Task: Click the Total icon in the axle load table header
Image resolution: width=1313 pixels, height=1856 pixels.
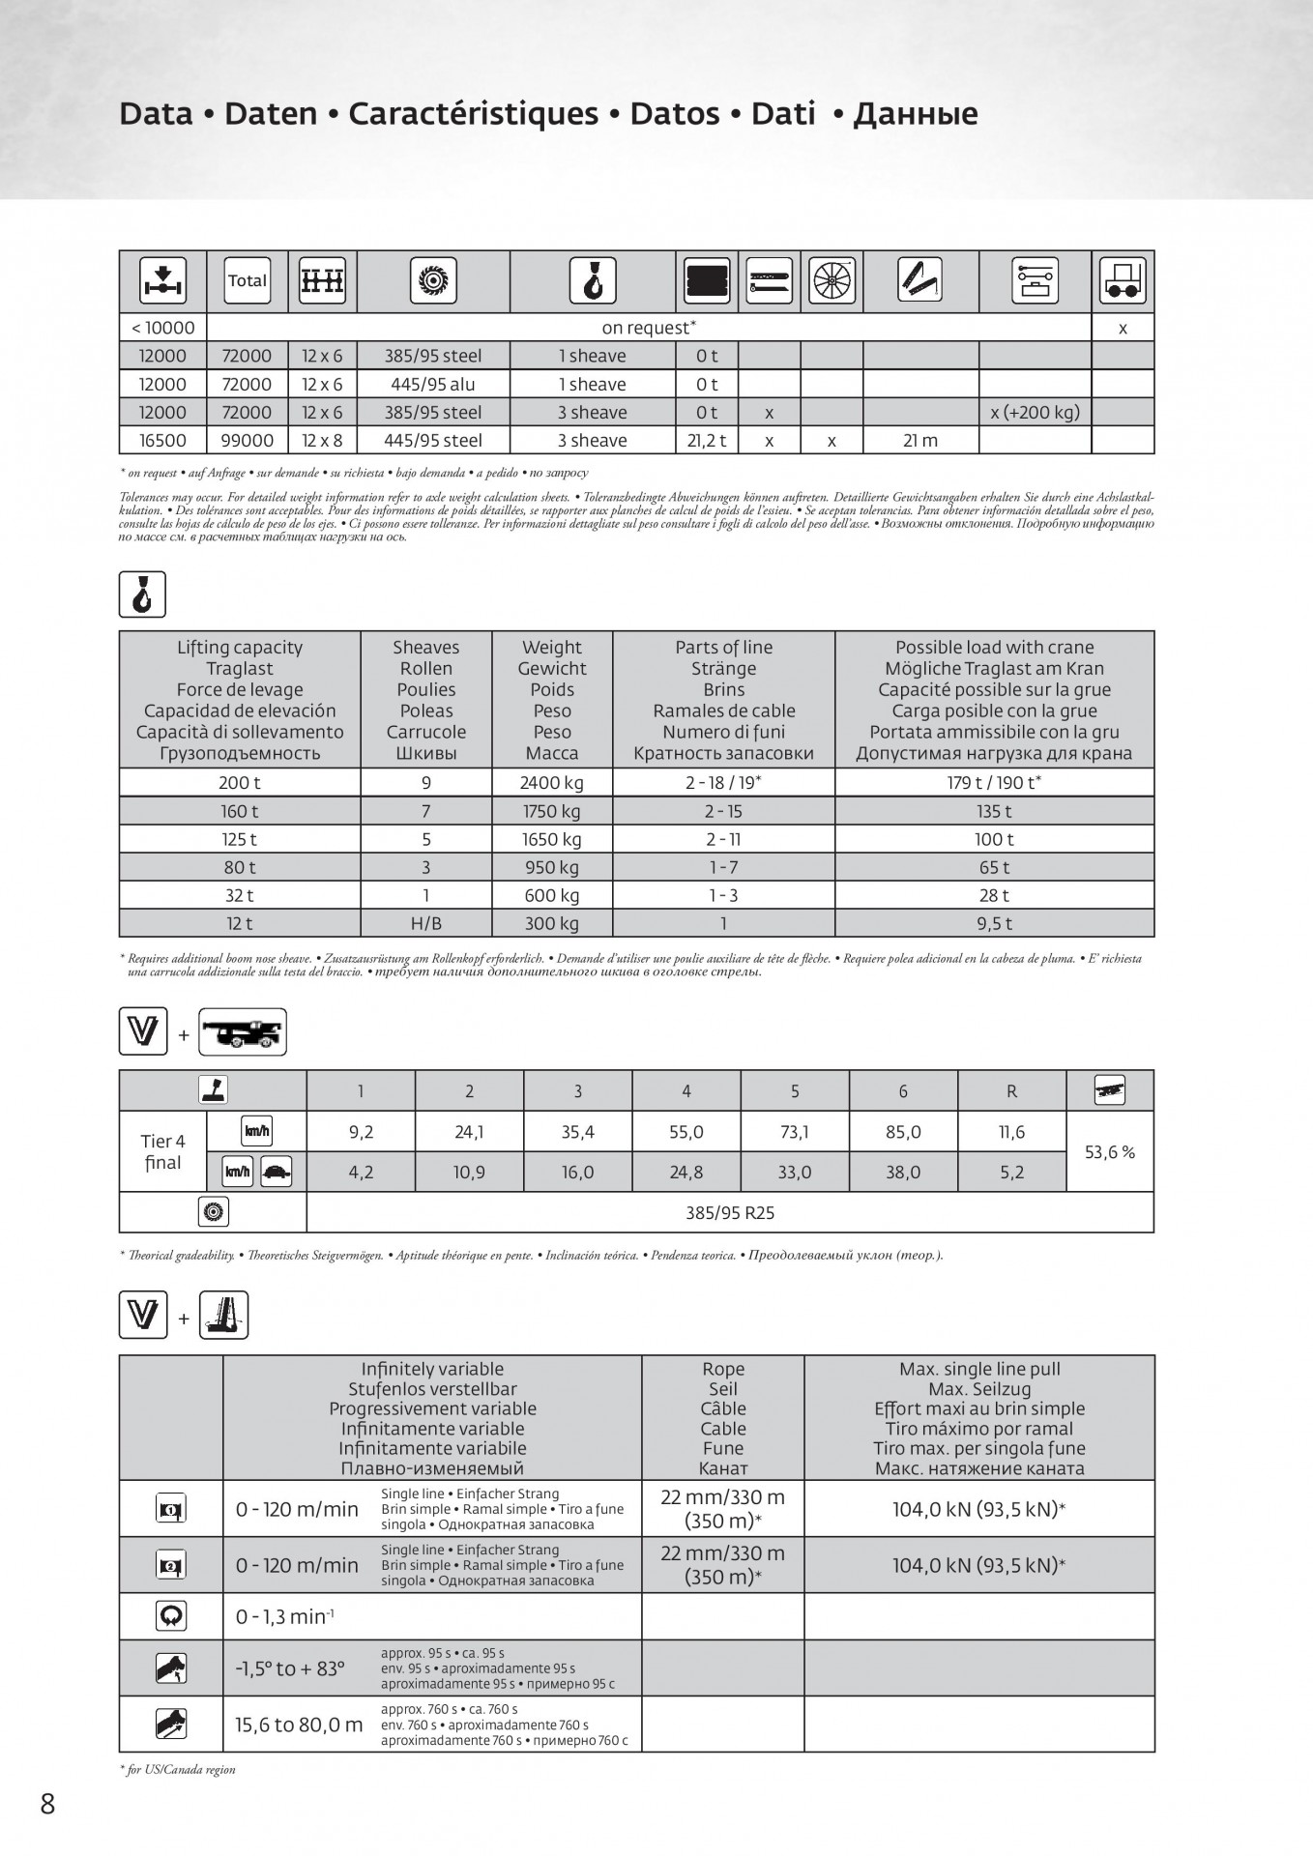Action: [247, 280]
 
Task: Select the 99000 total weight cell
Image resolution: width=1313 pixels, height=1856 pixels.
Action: [247, 441]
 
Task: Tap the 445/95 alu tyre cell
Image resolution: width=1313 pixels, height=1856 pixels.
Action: [432, 385]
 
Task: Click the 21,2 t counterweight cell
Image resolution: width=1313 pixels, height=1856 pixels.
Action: [706, 441]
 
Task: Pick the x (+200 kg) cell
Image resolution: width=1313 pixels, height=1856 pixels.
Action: [1035, 413]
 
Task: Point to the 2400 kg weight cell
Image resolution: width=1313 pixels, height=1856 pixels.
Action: [552, 783]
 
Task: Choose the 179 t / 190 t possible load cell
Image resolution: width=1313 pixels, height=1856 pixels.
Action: [994, 783]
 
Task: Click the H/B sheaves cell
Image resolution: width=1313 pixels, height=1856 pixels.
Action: [425, 924]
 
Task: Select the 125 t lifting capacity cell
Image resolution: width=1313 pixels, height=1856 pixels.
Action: [239, 839]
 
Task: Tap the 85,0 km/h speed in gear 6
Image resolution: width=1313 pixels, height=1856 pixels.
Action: [903, 1132]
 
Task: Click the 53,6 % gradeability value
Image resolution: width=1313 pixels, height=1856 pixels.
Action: [1109, 1152]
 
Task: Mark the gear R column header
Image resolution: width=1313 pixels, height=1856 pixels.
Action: [1011, 1091]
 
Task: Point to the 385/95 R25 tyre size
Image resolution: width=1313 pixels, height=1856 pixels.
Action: [730, 1213]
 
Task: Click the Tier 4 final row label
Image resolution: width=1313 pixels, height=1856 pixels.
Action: [162, 1152]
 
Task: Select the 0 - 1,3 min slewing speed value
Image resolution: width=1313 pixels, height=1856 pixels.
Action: [284, 1616]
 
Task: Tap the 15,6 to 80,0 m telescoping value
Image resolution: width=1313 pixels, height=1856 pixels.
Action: [299, 1725]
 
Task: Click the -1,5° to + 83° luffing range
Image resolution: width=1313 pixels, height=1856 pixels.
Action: [290, 1669]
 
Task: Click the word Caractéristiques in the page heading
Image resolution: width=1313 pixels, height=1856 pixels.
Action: [473, 114]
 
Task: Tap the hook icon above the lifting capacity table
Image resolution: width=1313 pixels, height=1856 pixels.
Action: [142, 594]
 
